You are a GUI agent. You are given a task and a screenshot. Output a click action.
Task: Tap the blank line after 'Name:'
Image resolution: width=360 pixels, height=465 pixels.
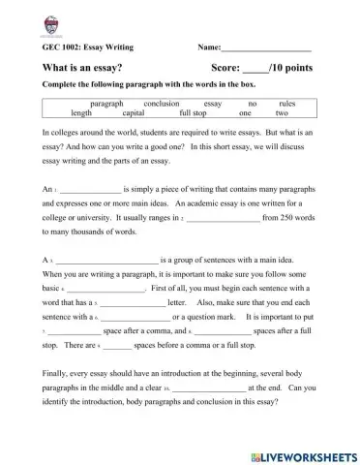266,46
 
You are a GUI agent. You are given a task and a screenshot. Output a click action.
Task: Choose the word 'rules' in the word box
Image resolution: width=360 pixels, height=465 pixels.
286,102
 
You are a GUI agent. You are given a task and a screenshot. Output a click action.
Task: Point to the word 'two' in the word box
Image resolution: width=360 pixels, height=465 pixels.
282,112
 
